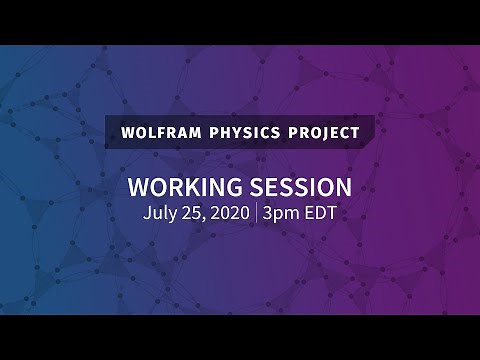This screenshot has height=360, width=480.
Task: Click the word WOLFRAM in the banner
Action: (x=157, y=132)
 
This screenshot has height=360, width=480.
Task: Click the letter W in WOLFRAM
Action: (x=125, y=132)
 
